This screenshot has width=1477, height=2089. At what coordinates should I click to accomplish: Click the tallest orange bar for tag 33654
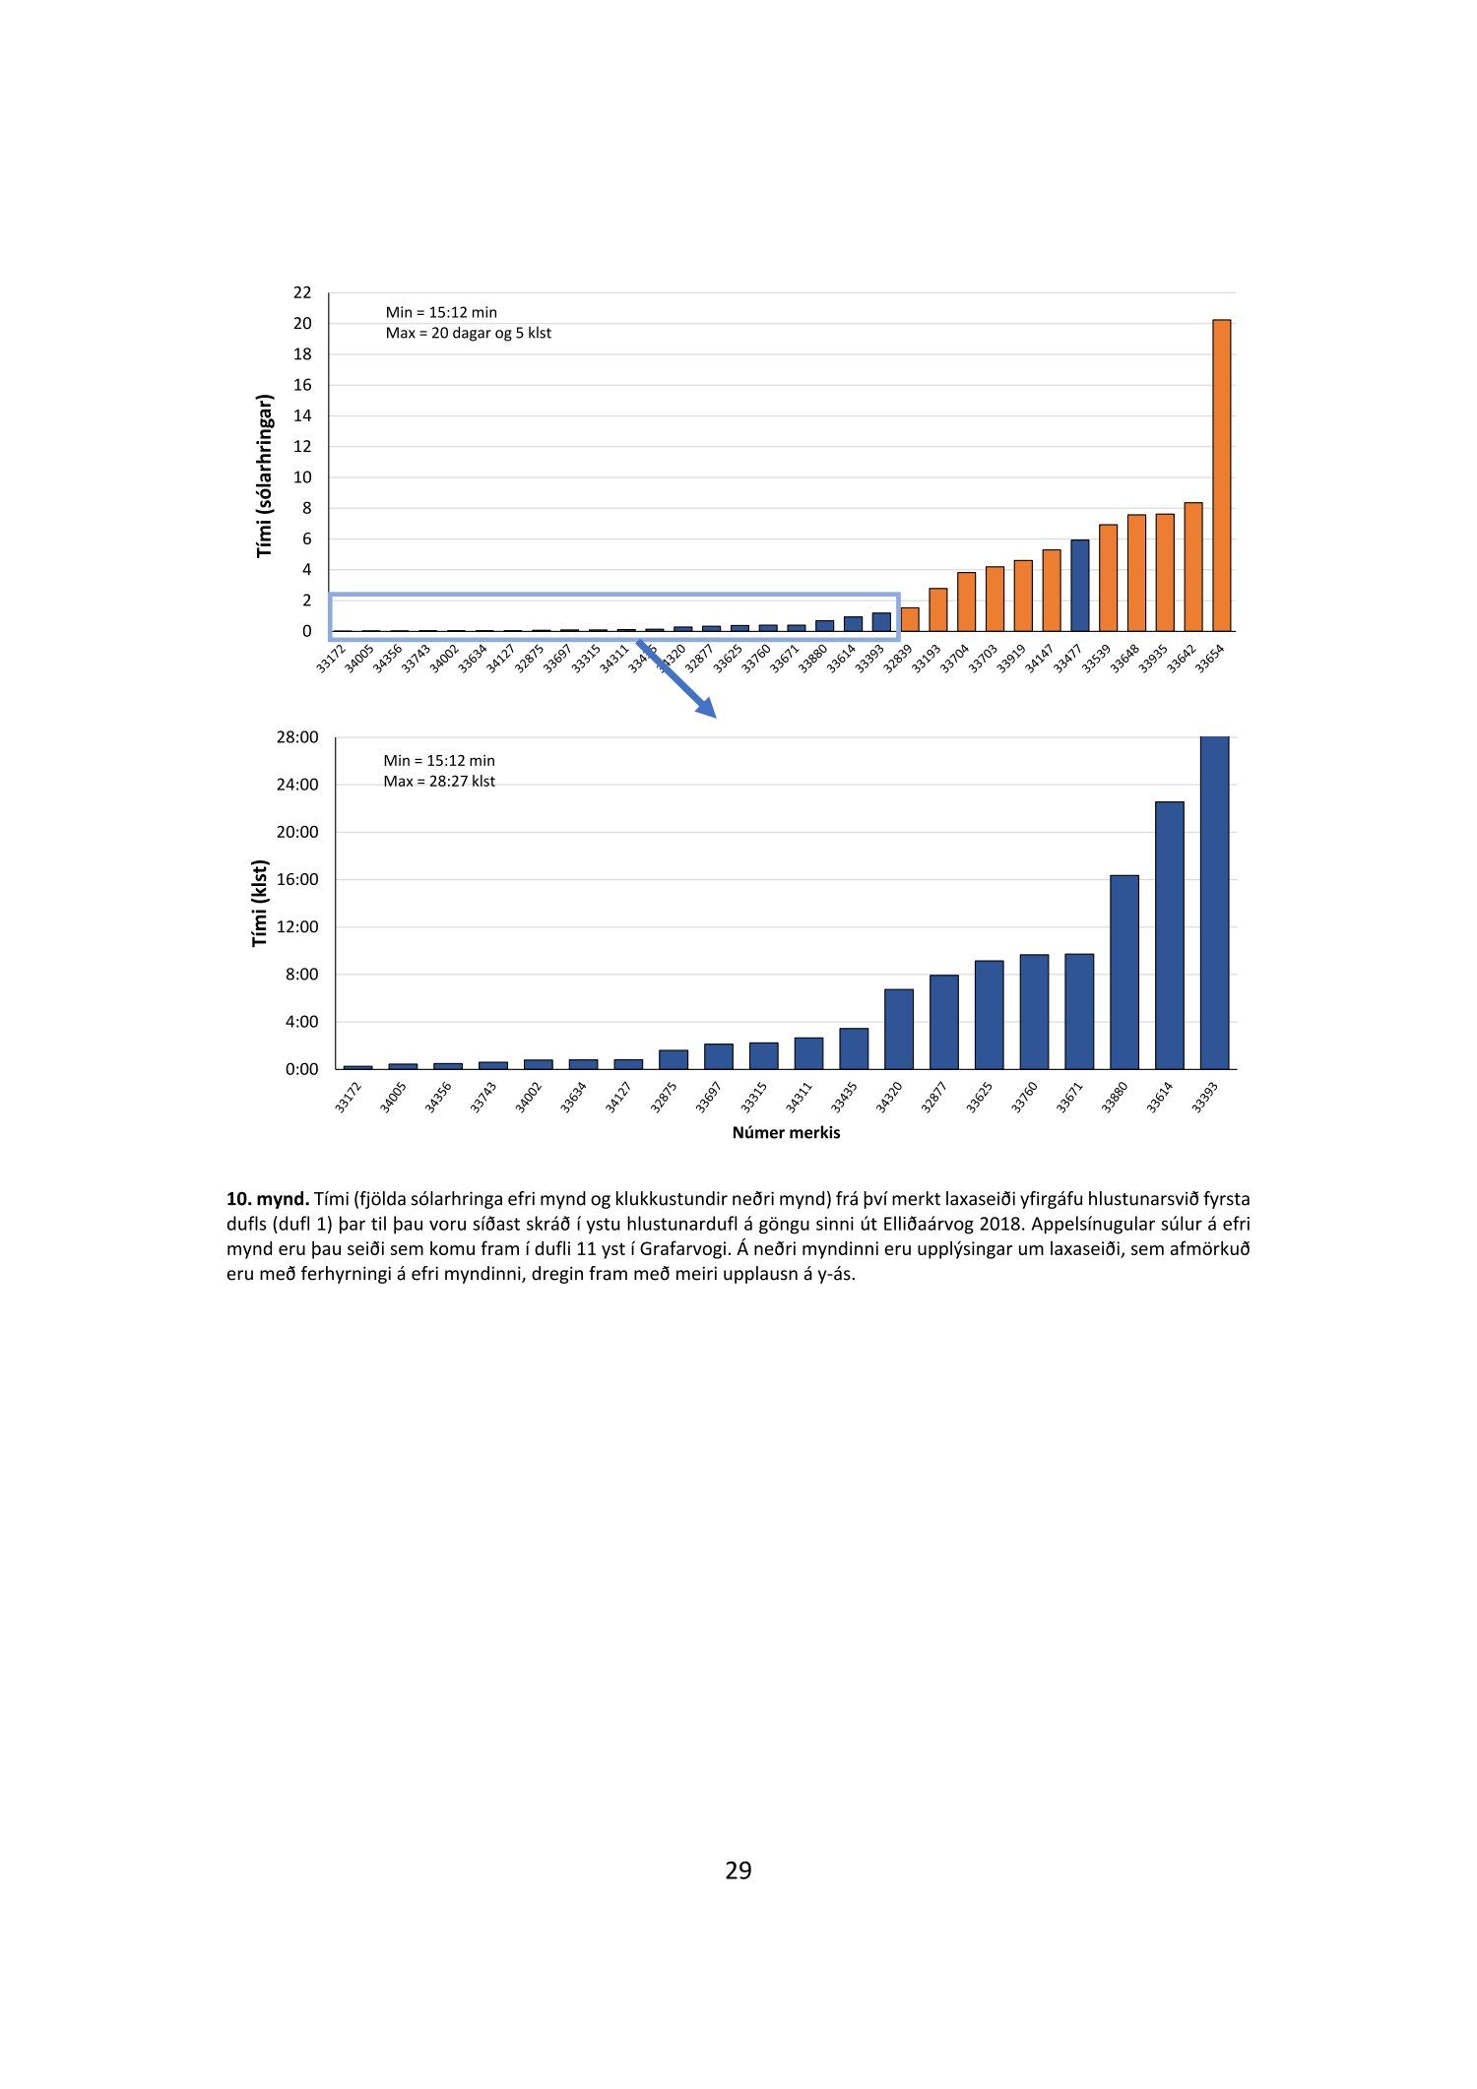coord(1221,475)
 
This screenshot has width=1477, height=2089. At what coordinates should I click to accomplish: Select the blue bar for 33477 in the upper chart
coord(1079,586)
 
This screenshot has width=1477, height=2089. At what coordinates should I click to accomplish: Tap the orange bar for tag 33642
coord(1192,567)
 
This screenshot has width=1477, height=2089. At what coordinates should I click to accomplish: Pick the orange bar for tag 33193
coord(937,609)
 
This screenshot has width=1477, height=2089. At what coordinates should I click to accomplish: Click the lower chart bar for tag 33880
coord(1124,972)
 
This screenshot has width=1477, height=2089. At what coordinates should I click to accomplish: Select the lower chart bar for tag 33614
coord(1169,935)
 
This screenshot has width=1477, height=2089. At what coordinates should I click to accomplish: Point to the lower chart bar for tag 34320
coord(898,1029)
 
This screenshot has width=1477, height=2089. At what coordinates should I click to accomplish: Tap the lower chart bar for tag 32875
coord(673,1059)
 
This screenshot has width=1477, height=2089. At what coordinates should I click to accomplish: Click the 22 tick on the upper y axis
coord(302,292)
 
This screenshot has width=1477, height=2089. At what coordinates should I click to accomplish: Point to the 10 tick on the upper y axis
coord(302,477)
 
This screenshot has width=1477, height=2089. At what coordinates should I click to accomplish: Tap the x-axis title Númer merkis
coord(786,1132)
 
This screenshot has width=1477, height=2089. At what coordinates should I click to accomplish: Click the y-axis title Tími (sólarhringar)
coord(264,475)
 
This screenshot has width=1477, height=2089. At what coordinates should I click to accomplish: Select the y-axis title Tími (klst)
coord(260,904)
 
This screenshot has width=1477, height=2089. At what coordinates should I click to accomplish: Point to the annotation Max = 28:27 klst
coord(439,782)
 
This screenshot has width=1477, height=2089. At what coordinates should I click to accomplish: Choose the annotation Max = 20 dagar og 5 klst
coord(468,333)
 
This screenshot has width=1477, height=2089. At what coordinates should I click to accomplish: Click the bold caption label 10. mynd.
coord(268,1199)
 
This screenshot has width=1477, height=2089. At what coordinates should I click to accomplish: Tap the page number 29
coord(738,1870)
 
